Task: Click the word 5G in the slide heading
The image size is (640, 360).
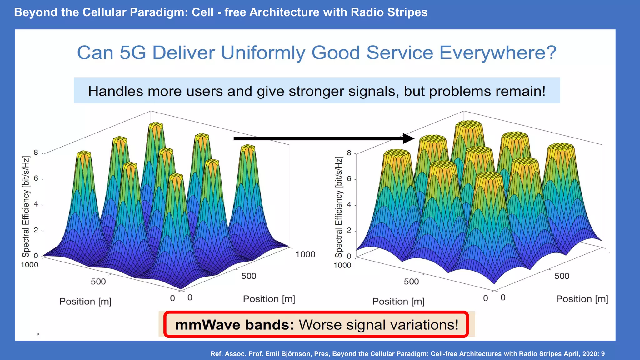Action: click(133, 52)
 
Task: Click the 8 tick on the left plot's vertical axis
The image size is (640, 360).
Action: click(36, 152)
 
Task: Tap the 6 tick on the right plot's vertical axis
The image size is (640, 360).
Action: click(349, 179)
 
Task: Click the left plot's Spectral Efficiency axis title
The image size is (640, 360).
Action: click(26, 206)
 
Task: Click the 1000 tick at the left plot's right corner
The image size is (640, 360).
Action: click(305, 254)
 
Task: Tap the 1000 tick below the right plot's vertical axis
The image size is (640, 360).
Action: click(342, 265)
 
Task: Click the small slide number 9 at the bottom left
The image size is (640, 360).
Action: click(38, 334)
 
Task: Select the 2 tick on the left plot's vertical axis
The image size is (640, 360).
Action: click(36, 230)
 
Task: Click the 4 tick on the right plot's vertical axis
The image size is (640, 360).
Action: click(349, 204)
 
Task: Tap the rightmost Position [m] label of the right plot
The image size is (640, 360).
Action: click(582, 299)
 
